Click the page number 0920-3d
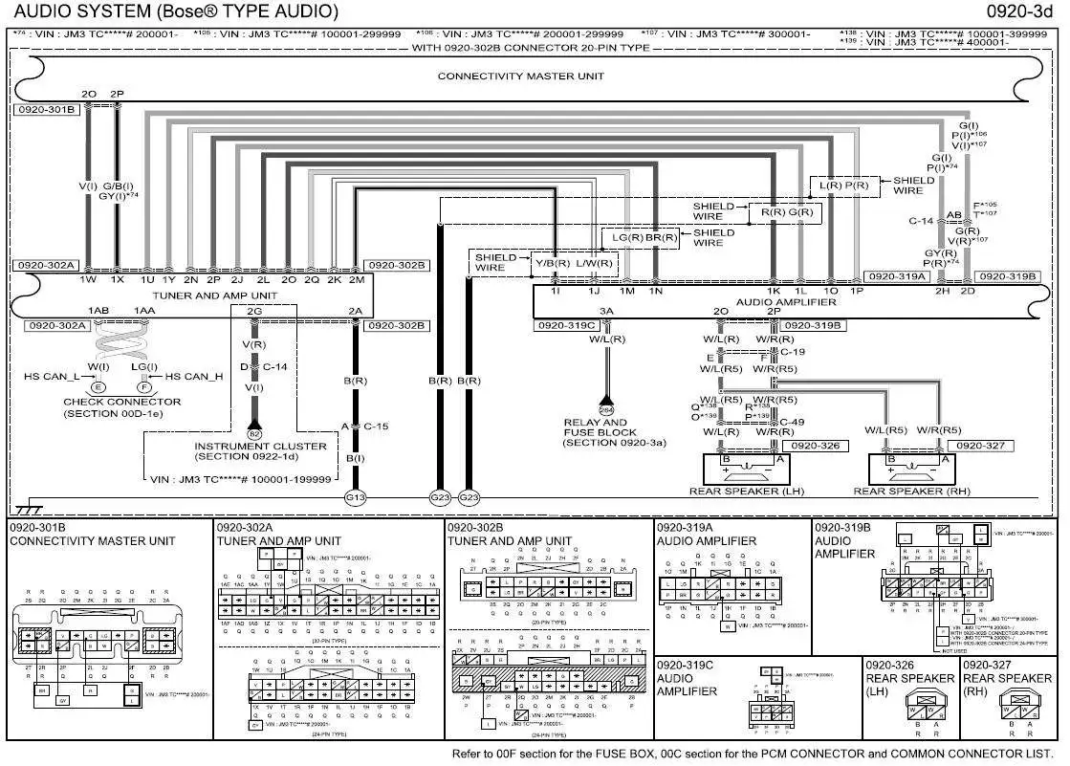[1027, 11]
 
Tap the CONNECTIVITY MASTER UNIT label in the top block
[521, 77]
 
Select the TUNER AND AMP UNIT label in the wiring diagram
[213, 295]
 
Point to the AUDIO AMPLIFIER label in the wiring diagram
[786, 302]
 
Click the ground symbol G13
[356, 497]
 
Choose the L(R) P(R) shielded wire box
[843, 185]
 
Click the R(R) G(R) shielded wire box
[786, 212]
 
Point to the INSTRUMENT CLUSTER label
[260, 446]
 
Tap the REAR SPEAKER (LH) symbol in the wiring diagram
[748, 469]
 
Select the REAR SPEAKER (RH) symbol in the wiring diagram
[910, 469]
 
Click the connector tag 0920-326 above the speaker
[815, 446]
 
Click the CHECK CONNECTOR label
[109, 403]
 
